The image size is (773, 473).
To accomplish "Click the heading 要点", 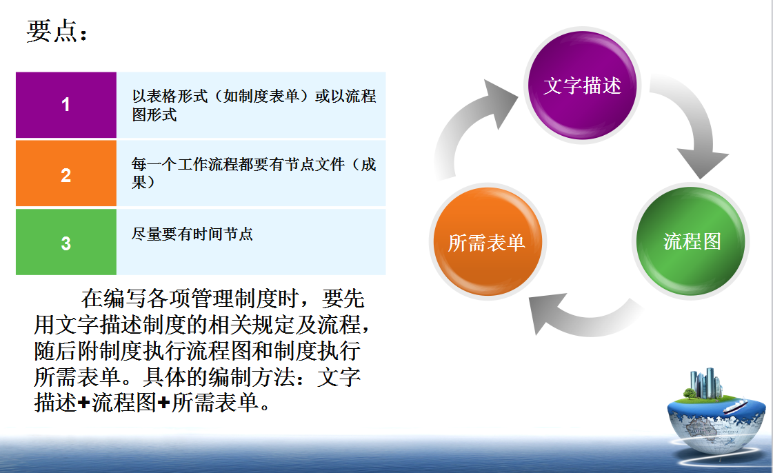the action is point(52,31).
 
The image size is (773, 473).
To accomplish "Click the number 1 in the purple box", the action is point(66,104).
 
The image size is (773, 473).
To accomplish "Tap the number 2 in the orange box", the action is point(66,175).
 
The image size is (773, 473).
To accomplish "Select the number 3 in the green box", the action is point(66,243).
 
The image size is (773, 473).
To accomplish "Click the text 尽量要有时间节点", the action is point(192,234).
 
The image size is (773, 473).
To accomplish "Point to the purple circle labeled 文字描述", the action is point(582,85).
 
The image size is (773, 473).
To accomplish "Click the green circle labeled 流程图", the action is point(691,241).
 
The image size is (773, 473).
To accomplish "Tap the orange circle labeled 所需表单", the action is point(488,242).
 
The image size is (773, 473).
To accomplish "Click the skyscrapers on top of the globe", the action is point(706,383).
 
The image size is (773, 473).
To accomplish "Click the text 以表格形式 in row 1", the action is point(170,96).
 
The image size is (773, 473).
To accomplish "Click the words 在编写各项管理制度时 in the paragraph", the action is point(190,299).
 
